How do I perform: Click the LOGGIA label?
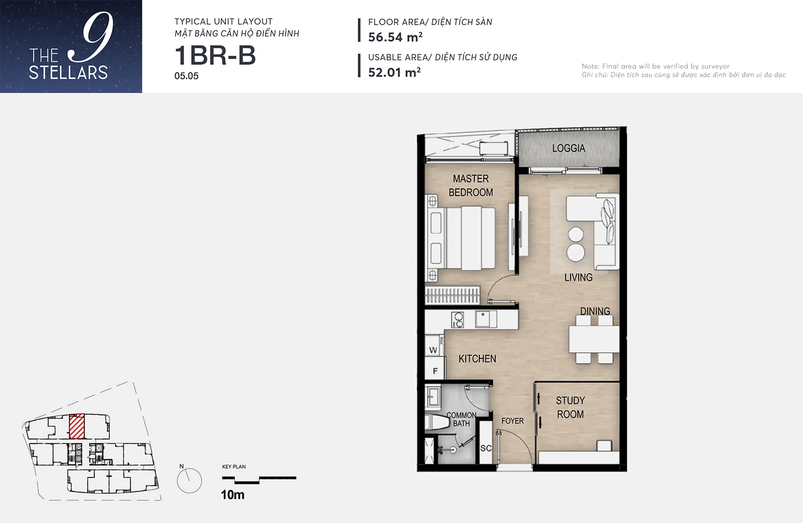pyautogui.click(x=569, y=148)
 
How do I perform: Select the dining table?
pyautogui.click(x=594, y=339)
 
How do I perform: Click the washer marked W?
pyautogui.click(x=434, y=345)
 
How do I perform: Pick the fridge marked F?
pyautogui.click(x=435, y=368)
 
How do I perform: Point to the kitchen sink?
pyautogui.click(x=486, y=319)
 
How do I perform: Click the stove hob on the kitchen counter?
pyautogui.click(x=457, y=320)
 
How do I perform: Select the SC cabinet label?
pyautogui.click(x=486, y=448)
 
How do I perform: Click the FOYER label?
pyautogui.click(x=512, y=421)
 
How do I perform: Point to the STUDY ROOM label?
pyautogui.click(x=570, y=407)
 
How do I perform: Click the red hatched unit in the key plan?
pyautogui.click(x=77, y=427)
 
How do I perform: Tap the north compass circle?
pyautogui.click(x=189, y=481)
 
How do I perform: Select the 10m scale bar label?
pyautogui.click(x=233, y=495)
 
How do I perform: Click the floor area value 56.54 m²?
pyautogui.click(x=395, y=37)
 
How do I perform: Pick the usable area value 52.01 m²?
pyautogui.click(x=394, y=72)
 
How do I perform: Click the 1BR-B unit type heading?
pyautogui.click(x=215, y=56)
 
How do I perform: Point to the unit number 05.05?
pyautogui.click(x=186, y=76)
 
